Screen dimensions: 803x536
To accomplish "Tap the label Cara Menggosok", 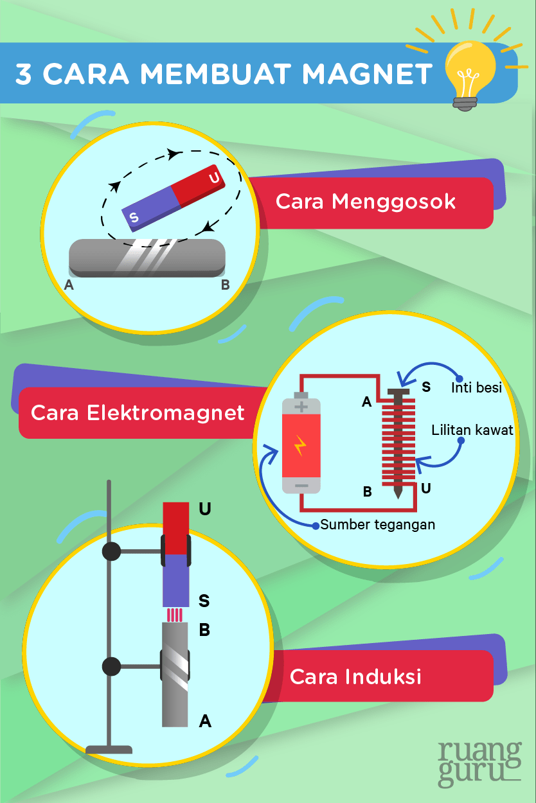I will tap(365, 202).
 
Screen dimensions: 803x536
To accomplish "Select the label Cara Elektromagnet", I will tap(138, 412).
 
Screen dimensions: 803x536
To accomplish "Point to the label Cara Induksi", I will tap(355, 676).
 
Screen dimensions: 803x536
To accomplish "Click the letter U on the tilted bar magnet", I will tap(214, 177).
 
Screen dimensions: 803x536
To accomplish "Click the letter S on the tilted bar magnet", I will tap(134, 218).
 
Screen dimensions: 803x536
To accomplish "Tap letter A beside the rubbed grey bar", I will tap(69, 285).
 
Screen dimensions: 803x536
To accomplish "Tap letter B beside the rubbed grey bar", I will tap(225, 285).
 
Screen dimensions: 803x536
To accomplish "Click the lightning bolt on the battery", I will tap(300, 445).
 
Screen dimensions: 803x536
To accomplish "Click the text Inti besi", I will tap(476, 388).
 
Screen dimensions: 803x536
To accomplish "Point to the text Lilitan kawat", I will tap(472, 430).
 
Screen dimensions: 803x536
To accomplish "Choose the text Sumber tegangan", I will tap(378, 525).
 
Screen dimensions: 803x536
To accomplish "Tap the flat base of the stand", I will tap(109, 749).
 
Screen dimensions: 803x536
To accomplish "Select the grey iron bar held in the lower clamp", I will tap(175, 675).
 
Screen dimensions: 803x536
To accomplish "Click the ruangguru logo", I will tap(479, 764).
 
